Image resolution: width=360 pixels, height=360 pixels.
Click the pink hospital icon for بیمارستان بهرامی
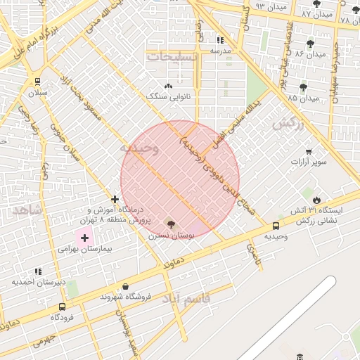tap(85, 238)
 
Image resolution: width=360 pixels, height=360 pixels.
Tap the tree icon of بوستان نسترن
tap(171, 224)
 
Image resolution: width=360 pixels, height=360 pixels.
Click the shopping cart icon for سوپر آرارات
tap(309, 152)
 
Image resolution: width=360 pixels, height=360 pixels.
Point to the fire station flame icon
tap(317, 199)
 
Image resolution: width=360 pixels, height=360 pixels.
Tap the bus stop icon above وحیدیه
tap(276, 226)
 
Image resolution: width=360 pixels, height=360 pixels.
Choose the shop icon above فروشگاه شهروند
tap(125, 287)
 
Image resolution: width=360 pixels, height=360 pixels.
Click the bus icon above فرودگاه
tap(63, 307)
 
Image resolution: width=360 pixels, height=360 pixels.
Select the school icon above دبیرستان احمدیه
tap(38, 271)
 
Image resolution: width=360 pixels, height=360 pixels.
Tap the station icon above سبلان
tap(37, 80)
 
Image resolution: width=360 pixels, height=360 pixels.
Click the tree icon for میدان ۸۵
tap(303, 87)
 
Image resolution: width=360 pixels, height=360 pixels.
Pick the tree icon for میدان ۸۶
tap(310, 44)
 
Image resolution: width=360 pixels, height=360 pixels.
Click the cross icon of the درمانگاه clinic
tap(115, 199)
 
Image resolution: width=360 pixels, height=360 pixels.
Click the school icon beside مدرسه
tap(220, 40)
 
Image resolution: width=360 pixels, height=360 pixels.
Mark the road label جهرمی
tap(43, 341)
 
